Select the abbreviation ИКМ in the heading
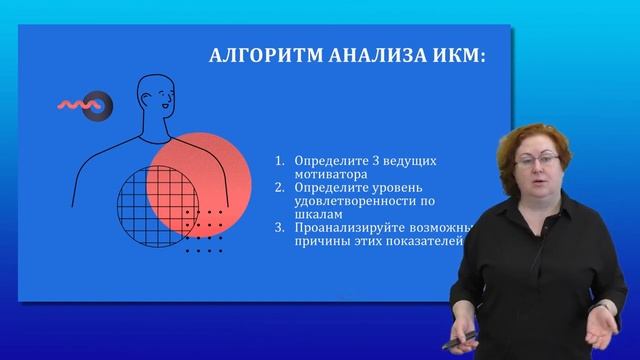pos(453,57)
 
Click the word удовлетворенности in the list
pos(347,201)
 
